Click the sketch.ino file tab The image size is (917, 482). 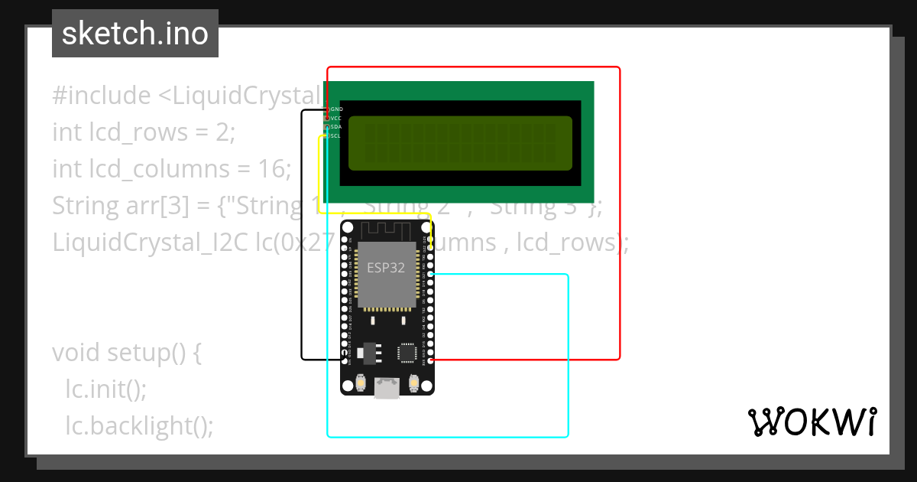tap(135, 34)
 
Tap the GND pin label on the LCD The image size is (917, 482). tap(336, 109)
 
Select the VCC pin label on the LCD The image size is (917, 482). tap(336, 119)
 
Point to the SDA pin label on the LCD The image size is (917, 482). tap(336, 127)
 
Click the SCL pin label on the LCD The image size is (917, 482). tap(336, 135)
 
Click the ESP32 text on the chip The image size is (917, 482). tap(386, 268)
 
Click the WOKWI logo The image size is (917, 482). tap(812, 422)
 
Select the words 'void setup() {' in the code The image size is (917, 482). tap(127, 353)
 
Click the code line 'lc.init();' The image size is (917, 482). tap(105, 389)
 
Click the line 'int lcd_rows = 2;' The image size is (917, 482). tap(144, 132)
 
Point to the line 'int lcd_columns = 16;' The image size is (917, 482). tap(172, 168)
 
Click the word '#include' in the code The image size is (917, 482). tap(102, 96)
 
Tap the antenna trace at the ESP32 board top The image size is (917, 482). tap(386, 229)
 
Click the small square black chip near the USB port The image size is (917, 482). tap(406, 352)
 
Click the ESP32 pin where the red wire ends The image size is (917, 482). tap(432, 360)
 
